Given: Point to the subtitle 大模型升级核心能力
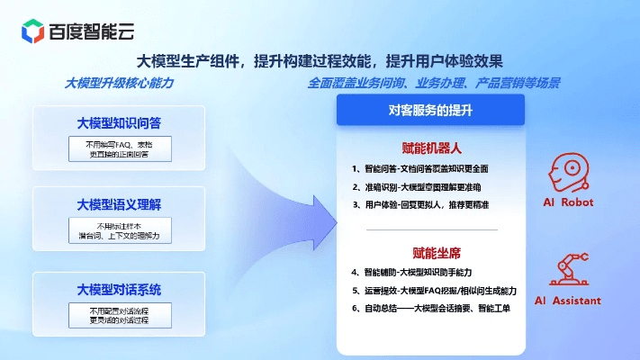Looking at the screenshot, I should pos(119,83).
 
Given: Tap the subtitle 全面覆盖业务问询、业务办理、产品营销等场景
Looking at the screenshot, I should pos(434,83).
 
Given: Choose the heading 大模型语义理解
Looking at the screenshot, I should pos(119,204).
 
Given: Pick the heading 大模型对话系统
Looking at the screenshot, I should pos(119,289).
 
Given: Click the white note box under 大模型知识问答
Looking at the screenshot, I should pos(119,148).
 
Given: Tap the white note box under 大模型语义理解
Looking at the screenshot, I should pos(119,230).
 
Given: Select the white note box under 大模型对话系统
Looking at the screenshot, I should pos(119,314).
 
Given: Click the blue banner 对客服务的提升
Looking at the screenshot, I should pos(430,109).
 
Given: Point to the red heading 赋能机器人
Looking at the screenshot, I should pos(430,148).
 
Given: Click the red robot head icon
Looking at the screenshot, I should pos(566,171).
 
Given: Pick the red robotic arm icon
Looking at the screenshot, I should pos(567,271).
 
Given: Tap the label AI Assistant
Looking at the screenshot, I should pos(567,301).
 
